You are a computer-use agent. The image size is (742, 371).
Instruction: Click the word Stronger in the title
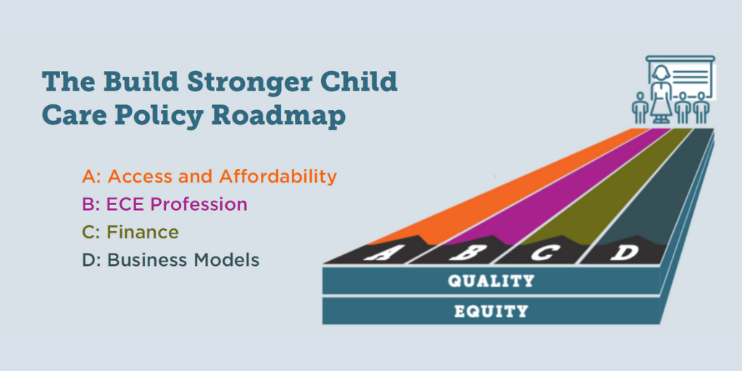coord(249,83)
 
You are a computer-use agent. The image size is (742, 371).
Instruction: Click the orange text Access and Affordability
coord(222,177)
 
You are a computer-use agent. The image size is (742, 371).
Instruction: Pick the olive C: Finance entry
coord(130,232)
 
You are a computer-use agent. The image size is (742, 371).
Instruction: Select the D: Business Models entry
coord(170,260)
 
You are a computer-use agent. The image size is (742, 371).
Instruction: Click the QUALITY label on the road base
coord(491,280)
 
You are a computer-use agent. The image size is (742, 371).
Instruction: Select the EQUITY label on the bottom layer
coord(491,312)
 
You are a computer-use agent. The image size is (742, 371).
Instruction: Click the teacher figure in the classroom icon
coord(661,96)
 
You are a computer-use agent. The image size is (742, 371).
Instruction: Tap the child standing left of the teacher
coord(640,108)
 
